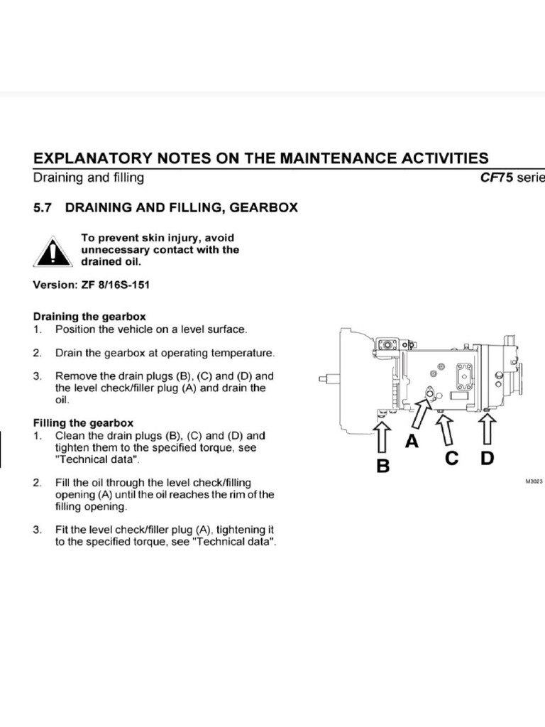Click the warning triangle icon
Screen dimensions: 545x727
(53, 252)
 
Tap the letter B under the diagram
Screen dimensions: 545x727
(383, 466)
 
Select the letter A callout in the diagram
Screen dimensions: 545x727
(412, 442)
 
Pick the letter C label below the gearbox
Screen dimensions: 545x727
(451, 459)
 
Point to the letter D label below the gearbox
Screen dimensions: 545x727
(487, 459)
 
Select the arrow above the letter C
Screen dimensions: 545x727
(446, 430)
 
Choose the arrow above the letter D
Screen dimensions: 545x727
(487, 429)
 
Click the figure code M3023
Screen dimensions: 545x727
(534, 482)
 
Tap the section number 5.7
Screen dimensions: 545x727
(42, 208)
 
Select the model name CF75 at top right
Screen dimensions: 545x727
(497, 177)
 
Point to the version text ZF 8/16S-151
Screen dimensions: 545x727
(116, 285)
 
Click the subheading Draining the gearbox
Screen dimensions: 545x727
(89, 317)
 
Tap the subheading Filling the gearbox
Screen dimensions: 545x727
(84, 423)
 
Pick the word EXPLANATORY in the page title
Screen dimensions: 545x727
(93, 158)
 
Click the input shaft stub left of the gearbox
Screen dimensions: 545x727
(329, 379)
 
